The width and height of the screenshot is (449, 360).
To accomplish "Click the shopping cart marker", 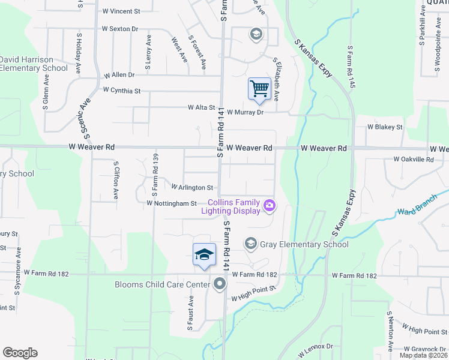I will (x=259, y=89).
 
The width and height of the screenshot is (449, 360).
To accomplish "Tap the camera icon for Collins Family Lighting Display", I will (x=270, y=206).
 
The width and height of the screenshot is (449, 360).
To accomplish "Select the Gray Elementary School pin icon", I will (x=250, y=243).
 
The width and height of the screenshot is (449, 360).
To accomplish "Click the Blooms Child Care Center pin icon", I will (x=220, y=284).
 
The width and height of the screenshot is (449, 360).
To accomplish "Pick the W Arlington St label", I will (x=192, y=188).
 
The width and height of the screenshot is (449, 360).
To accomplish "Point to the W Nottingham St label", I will (x=172, y=203).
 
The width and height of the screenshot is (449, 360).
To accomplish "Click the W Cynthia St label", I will (x=121, y=91).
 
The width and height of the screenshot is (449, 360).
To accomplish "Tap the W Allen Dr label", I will (x=119, y=75).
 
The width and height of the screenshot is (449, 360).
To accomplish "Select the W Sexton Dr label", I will (x=120, y=28).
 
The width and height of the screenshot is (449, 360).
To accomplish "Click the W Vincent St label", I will (x=121, y=11).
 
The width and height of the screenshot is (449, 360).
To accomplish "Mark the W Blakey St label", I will (x=385, y=127).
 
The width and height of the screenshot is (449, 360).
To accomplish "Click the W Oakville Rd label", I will (x=413, y=160).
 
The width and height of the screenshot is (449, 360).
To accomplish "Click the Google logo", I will (x=20, y=353).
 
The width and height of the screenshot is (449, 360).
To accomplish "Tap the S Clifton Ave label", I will (x=116, y=179).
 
